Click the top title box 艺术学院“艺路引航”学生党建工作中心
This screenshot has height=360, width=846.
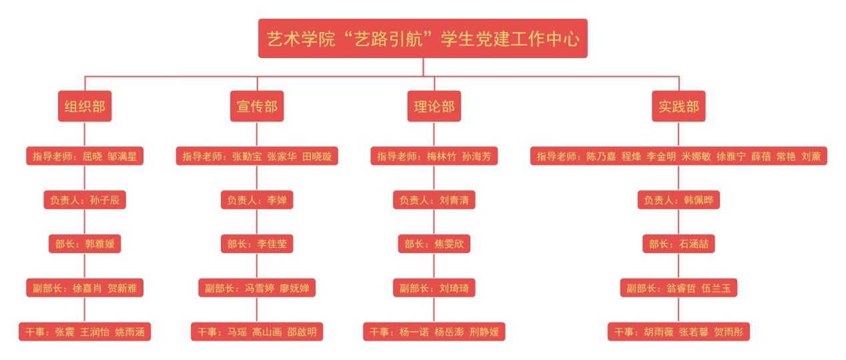[x=423, y=38]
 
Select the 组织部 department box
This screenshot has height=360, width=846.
[x=84, y=106]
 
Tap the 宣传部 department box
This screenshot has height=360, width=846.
[x=257, y=106]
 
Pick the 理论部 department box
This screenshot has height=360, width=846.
[x=434, y=106]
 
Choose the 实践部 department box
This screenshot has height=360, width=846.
[x=678, y=106]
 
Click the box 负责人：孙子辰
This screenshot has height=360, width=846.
[x=84, y=200]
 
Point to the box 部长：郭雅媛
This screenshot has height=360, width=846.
[x=84, y=244]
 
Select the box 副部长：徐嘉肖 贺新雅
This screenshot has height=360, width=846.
[x=84, y=288]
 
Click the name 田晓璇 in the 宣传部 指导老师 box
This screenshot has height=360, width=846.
[x=316, y=157]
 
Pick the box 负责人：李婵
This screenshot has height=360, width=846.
[x=257, y=200]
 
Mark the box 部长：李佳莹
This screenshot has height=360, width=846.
[x=257, y=244]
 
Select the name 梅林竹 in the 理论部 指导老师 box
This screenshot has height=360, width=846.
[x=441, y=157]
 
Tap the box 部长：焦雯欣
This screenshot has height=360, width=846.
[x=434, y=244]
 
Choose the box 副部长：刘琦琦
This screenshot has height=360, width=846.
[x=434, y=288]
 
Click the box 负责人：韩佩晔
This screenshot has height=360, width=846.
[x=678, y=200]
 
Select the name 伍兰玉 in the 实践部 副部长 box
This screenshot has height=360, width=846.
[x=716, y=288]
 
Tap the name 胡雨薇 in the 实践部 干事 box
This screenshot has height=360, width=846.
[x=659, y=331]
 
